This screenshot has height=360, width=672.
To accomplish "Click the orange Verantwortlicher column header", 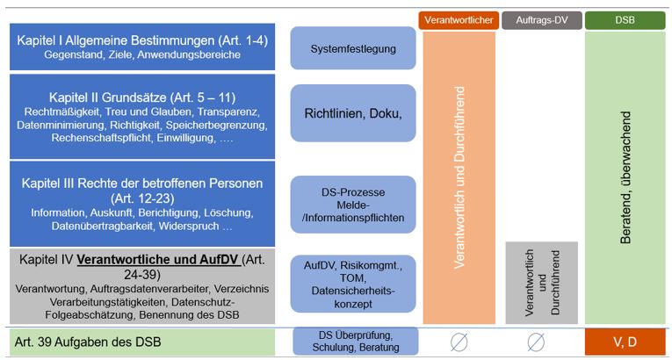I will pos(459,18).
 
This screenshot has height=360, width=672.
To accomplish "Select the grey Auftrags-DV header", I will pos(541,18).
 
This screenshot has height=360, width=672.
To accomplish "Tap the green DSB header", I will pos(623,18).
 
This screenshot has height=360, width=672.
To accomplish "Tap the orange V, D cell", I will pos(623,341).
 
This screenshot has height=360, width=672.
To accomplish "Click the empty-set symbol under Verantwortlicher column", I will pos(459,342).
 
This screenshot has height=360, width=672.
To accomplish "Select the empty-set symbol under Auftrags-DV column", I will pos(541,342).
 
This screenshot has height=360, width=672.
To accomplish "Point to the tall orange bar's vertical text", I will pos(459,176).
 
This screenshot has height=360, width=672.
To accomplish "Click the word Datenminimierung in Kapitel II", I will pos(59,126).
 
